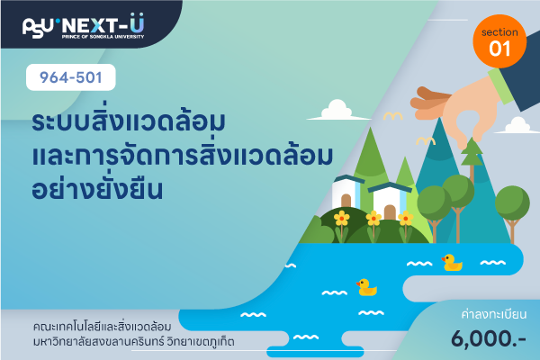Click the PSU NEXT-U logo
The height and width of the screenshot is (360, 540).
pyautogui.click(x=83, y=26)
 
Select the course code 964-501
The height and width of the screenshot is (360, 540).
pyautogui.click(x=70, y=77)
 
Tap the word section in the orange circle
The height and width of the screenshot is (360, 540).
pyautogui.click(x=499, y=32)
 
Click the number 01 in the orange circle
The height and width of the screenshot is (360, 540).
pyautogui.click(x=499, y=49)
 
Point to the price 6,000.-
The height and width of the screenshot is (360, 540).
pyautogui.click(x=489, y=338)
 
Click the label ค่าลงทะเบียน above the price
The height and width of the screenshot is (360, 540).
pyautogui.click(x=494, y=314)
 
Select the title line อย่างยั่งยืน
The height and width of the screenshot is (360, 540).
pyautogui.click(x=97, y=189)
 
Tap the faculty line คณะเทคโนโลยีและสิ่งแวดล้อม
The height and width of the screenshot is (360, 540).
pyautogui.click(x=102, y=326)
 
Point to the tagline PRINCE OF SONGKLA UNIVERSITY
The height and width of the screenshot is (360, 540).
pyautogui.click(x=103, y=37)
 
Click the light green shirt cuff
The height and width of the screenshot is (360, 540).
pyautogui.click(x=500, y=85)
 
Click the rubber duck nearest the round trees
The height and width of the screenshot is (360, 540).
pyautogui.click(x=452, y=263)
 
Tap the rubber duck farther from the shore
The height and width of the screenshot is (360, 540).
pyautogui.click(x=367, y=287)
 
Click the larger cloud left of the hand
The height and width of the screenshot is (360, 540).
pyautogui.click(x=337, y=110)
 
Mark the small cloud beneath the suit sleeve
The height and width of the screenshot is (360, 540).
pyautogui.click(x=517, y=125)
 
